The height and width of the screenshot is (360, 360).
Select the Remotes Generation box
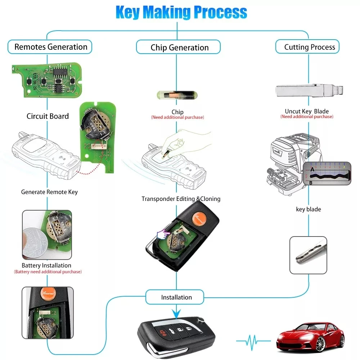50,47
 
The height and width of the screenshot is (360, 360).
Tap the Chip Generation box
179,48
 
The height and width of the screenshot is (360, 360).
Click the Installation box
176,297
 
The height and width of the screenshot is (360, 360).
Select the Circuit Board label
48,116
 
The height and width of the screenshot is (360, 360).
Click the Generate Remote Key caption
49,192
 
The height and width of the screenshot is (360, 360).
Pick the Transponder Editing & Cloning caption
181,199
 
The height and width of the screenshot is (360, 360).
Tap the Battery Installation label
46,265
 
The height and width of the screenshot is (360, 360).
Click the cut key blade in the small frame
308,254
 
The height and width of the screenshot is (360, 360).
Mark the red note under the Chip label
177,117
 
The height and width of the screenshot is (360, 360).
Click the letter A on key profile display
312,168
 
